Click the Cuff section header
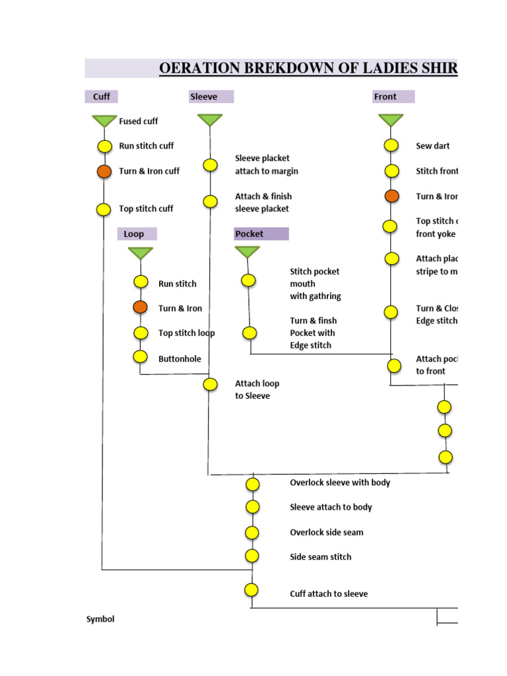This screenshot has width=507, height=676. click(101, 96)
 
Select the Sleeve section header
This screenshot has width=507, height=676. click(203, 96)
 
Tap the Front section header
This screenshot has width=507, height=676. click(386, 96)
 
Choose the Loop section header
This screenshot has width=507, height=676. click(134, 234)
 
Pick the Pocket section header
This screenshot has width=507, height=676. click(250, 234)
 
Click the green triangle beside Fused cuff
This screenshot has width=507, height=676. click(104, 121)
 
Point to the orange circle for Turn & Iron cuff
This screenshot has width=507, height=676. click(104, 171)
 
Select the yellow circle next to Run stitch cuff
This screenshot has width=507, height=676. click(104, 146)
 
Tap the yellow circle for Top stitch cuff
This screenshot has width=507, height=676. click(104, 209)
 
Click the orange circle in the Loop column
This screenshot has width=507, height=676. click(140, 307)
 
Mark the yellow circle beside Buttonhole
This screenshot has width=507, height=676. click(140, 357)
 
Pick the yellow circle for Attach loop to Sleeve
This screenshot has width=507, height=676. click(210, 384)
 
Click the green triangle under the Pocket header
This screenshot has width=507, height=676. click(248, 252)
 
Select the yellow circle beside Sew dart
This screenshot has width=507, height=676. click(391, 146)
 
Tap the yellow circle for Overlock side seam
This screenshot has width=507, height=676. click(252, 532)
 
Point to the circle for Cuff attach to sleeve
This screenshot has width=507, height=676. click(251, 590)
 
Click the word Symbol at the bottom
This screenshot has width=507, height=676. click(100, 619)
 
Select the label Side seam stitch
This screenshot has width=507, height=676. click(320, 557)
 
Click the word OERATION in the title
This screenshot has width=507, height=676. click(202, 69)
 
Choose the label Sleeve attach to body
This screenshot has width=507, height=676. click(331, 507)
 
